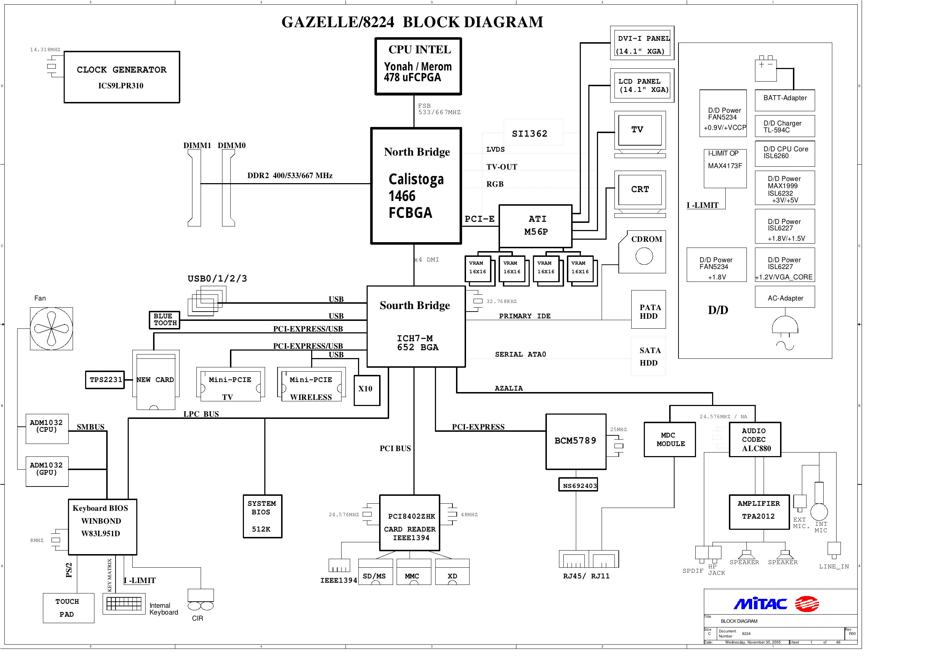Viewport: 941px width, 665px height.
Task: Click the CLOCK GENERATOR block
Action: coord(122,77)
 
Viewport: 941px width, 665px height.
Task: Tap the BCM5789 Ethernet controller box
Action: coord(576,441)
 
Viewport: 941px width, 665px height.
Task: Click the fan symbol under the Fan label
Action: coord(51,328)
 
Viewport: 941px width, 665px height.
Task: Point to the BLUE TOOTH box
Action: coord(165,320)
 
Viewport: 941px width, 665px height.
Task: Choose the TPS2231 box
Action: coord(105,380)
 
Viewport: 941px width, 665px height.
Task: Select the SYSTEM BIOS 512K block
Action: coord(262,516)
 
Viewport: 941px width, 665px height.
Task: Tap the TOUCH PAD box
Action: coord(68,608)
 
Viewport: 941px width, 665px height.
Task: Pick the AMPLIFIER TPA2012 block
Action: coord(759,512)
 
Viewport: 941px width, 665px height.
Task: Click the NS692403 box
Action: coord(578,485)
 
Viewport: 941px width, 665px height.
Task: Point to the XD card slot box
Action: coord(452,572)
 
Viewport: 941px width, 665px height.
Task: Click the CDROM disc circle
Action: coord(644,256)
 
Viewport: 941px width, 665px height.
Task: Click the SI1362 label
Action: coord(530,134)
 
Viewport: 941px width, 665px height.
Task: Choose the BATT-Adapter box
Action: coord(784,100)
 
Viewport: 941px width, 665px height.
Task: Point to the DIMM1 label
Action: coord(197,146)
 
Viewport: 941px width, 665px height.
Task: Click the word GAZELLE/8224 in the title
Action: coord(338,22)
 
